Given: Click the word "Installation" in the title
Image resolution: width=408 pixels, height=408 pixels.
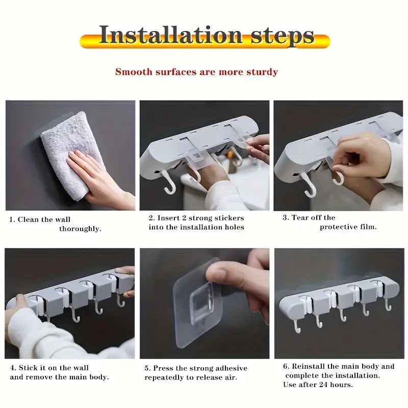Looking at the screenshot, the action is click(x=171, y=35).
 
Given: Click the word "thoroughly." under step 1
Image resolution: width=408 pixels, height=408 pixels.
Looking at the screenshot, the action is click(x=80, y=229).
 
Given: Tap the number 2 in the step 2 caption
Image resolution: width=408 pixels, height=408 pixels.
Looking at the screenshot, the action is click(x=151, y=218).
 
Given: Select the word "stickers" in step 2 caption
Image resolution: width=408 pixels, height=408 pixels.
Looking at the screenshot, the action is click(x=229, y=218).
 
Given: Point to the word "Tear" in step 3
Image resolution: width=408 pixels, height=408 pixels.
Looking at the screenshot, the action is click(x=300, y=218).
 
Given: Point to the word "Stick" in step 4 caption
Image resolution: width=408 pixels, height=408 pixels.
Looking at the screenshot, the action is click(x=29, y=368).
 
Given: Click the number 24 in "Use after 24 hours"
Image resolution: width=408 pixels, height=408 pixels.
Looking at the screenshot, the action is click(x=323, y=385).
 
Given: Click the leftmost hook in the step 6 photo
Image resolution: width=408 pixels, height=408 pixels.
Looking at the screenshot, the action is click(x=297, y=326).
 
